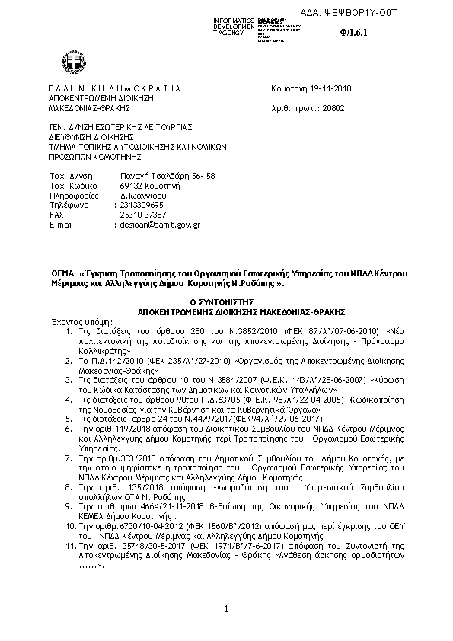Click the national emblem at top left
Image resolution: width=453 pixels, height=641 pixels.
pyautogui.click(x=75, y=62)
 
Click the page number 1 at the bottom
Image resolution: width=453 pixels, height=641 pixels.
pyautogui.click(x=226, y=609)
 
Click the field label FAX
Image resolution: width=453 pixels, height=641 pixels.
pyautogui.click(x=56, y=215)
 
